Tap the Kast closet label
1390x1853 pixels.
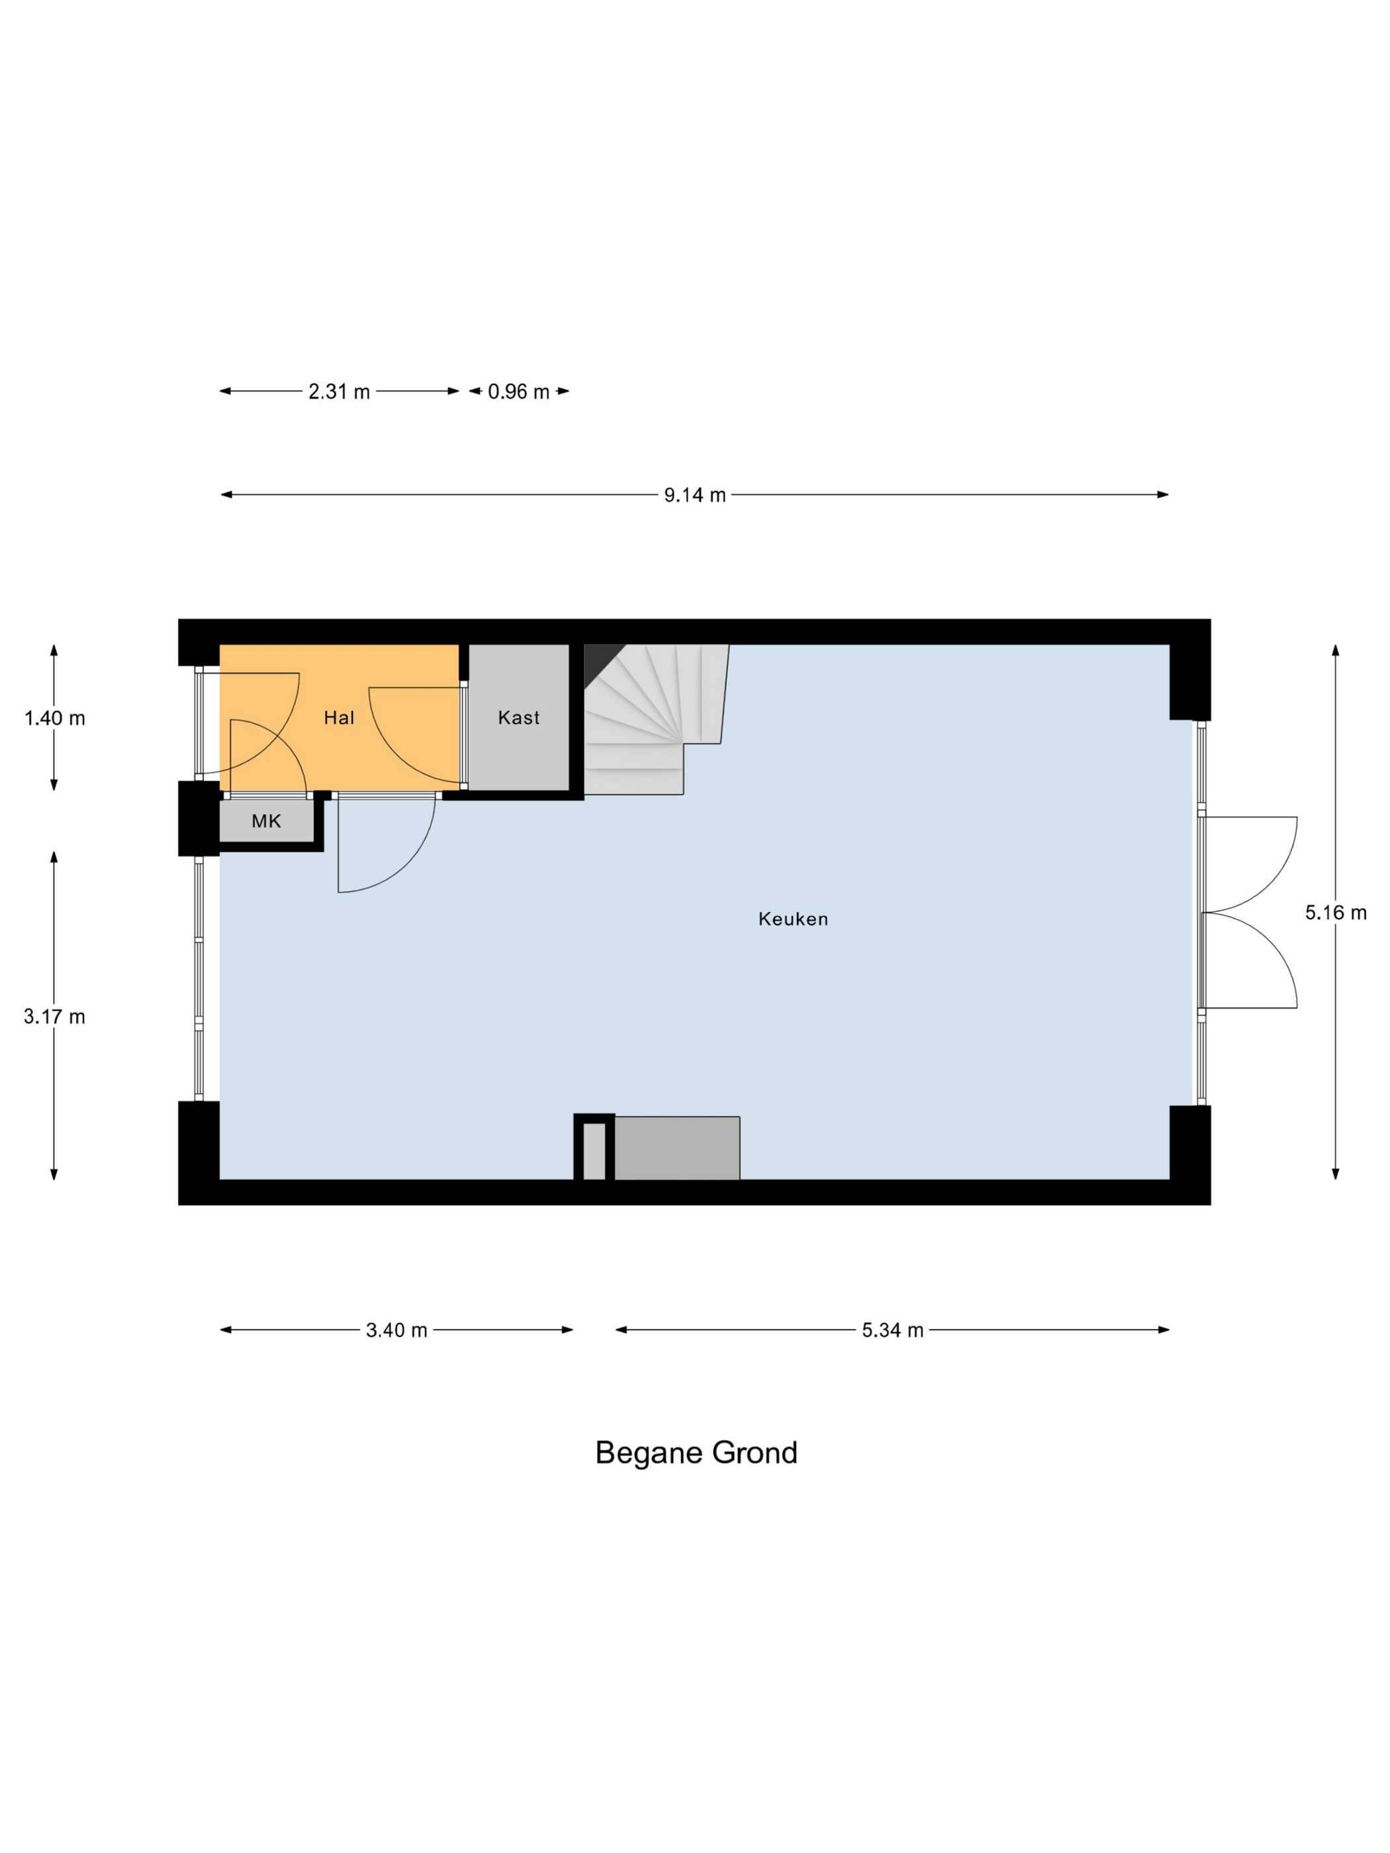519,717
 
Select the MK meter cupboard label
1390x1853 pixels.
267,821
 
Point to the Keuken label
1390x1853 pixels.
792,919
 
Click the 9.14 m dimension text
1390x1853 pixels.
694,495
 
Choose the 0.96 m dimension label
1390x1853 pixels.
519,391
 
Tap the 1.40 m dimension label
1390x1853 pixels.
54,718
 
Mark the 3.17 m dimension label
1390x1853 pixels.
54,1016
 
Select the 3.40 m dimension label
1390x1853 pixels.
396,1330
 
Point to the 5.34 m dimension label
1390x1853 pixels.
892,1330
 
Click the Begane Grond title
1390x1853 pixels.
696,1452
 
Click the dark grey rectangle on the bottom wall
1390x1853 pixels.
677,1148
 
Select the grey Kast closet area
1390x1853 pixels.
519,717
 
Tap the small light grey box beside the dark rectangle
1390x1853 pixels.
594,1151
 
